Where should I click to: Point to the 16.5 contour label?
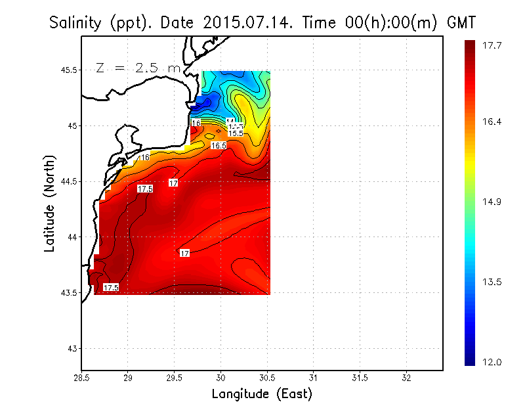pyautogui.click(x=219, y=145)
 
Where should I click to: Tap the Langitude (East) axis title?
pyautogui.click(x=262, y=394)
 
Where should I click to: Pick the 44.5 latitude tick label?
pyautogui.click(x=67, y=181)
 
